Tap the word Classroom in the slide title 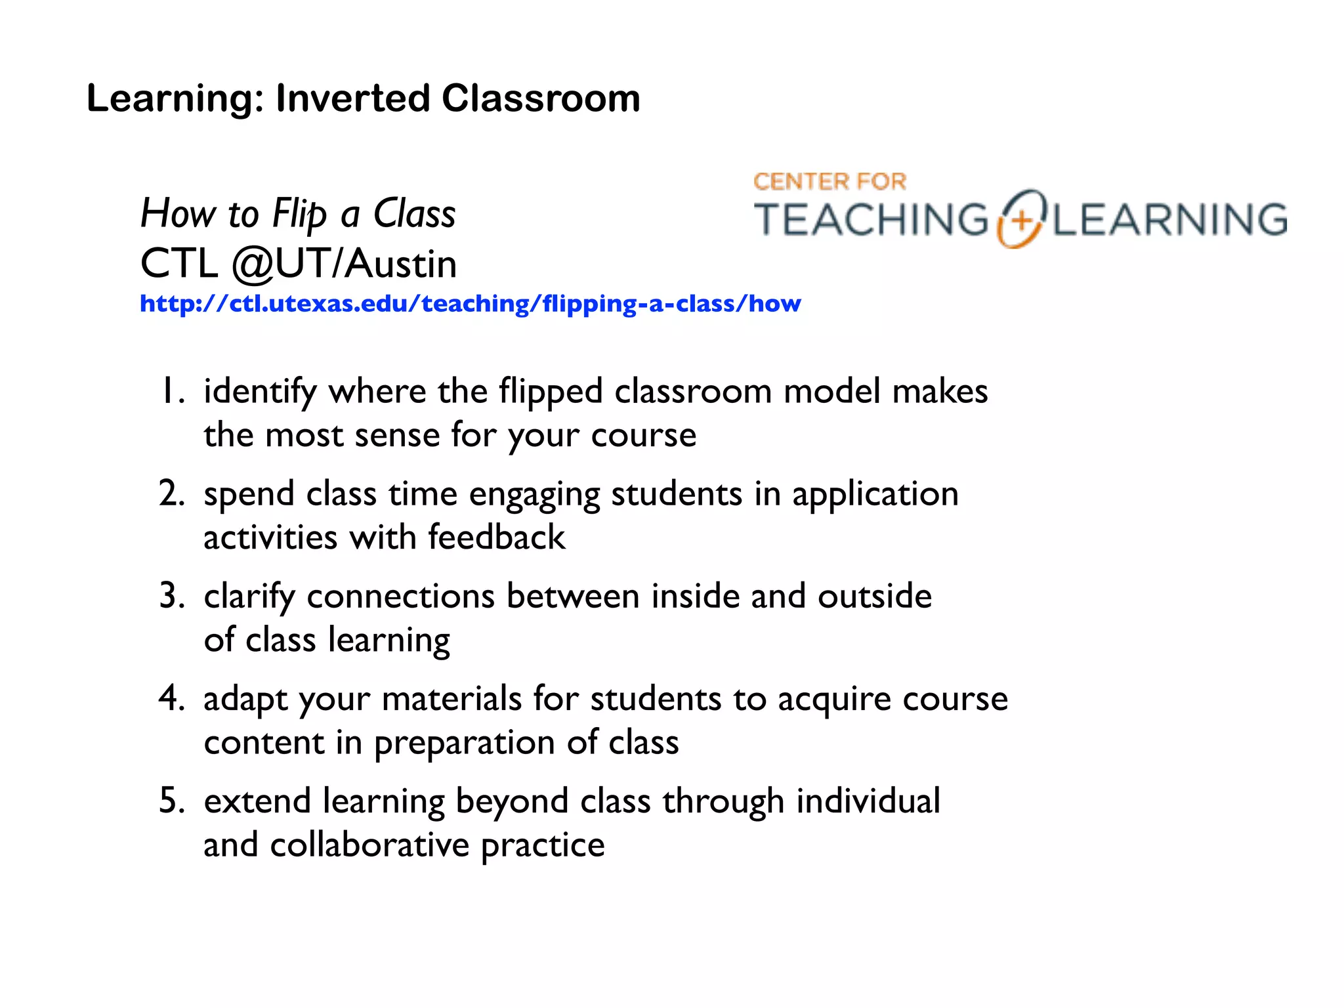click(x=541, y=99)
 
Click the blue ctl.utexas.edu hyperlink click(x=470, y=304)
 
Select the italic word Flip click(x=299, y=215)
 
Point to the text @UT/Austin click(x=344, y=264)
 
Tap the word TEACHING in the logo click(x=871, y=220)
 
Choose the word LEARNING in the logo click(x=1170, y=220)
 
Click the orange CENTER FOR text click(x=829, y=182)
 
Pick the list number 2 click(x=171, y=494)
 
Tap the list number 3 click(x=171, y=597)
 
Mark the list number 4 click(x=171, y=698)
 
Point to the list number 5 click(x=171, y=801)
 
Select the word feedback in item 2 click(x=496, y=537)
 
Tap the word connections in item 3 click(x=400, y=597)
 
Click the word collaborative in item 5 click(x=369, y=845)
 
